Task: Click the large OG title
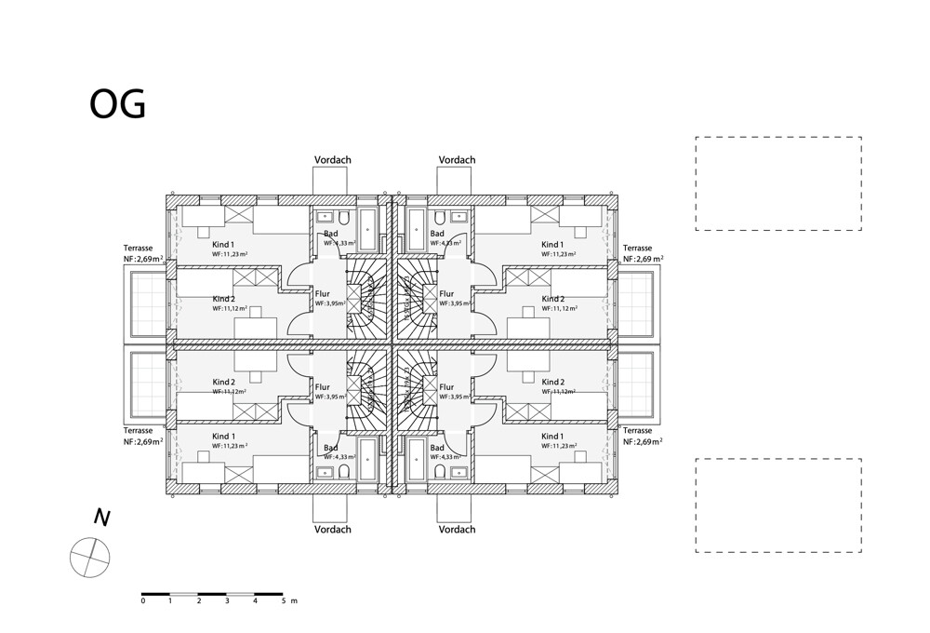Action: (x=117, y=104)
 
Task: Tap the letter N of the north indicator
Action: (x=101, y=518)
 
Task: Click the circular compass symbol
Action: (x=90, y=558)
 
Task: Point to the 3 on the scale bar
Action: (x=227, y=602)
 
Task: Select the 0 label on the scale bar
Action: (x=143, y=602)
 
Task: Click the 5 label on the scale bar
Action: (x=283, y=602)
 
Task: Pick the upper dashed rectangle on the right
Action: (x=777, y=183)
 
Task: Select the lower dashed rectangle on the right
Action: (x=777, y=505)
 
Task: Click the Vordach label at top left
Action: (x=333, y=160)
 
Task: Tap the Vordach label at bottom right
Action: (x=457, y=530)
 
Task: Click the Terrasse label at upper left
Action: (x=139, y=249)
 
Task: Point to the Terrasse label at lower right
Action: (x=638, y=431)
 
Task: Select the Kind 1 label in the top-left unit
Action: (x=223, y=244)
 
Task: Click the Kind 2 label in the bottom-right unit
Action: (x=553, y=382)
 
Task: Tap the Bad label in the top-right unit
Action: (x=437, y=234)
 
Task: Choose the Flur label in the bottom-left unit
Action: (x=323, y=386)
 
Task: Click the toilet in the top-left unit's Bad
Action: (x=344, y=218)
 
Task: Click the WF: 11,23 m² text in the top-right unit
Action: (x=561, y=254)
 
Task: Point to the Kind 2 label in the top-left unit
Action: (x=223, y=299)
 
